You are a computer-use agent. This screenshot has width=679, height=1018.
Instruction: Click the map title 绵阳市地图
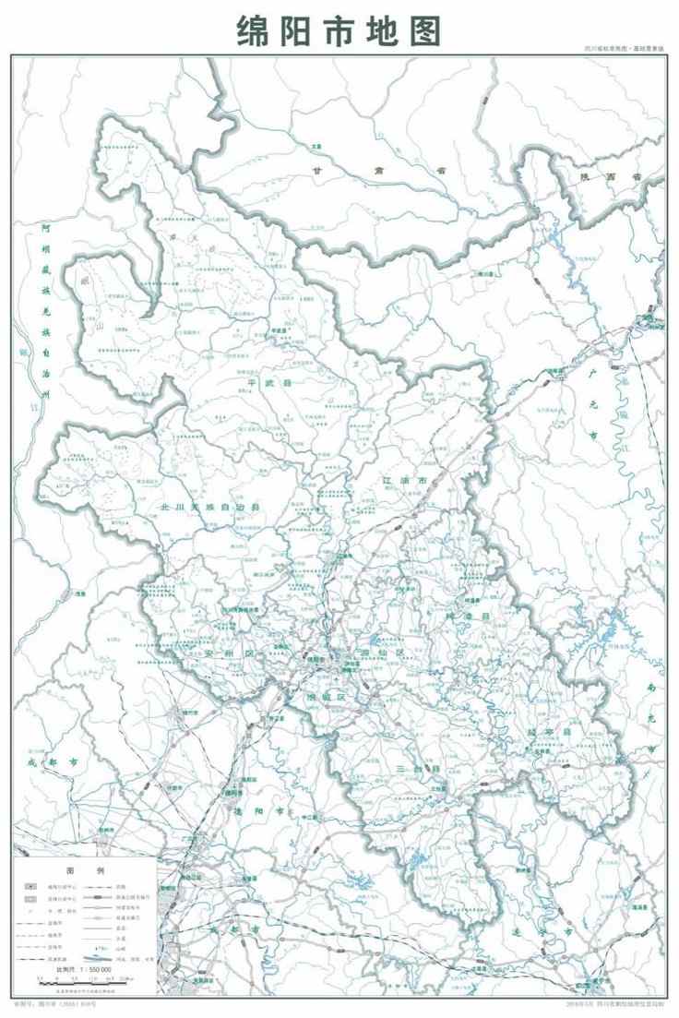click(339, 30)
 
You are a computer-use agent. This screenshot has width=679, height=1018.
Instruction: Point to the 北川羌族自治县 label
click(211, 507)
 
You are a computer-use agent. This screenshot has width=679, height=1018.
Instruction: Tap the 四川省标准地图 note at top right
click(623, 48)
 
